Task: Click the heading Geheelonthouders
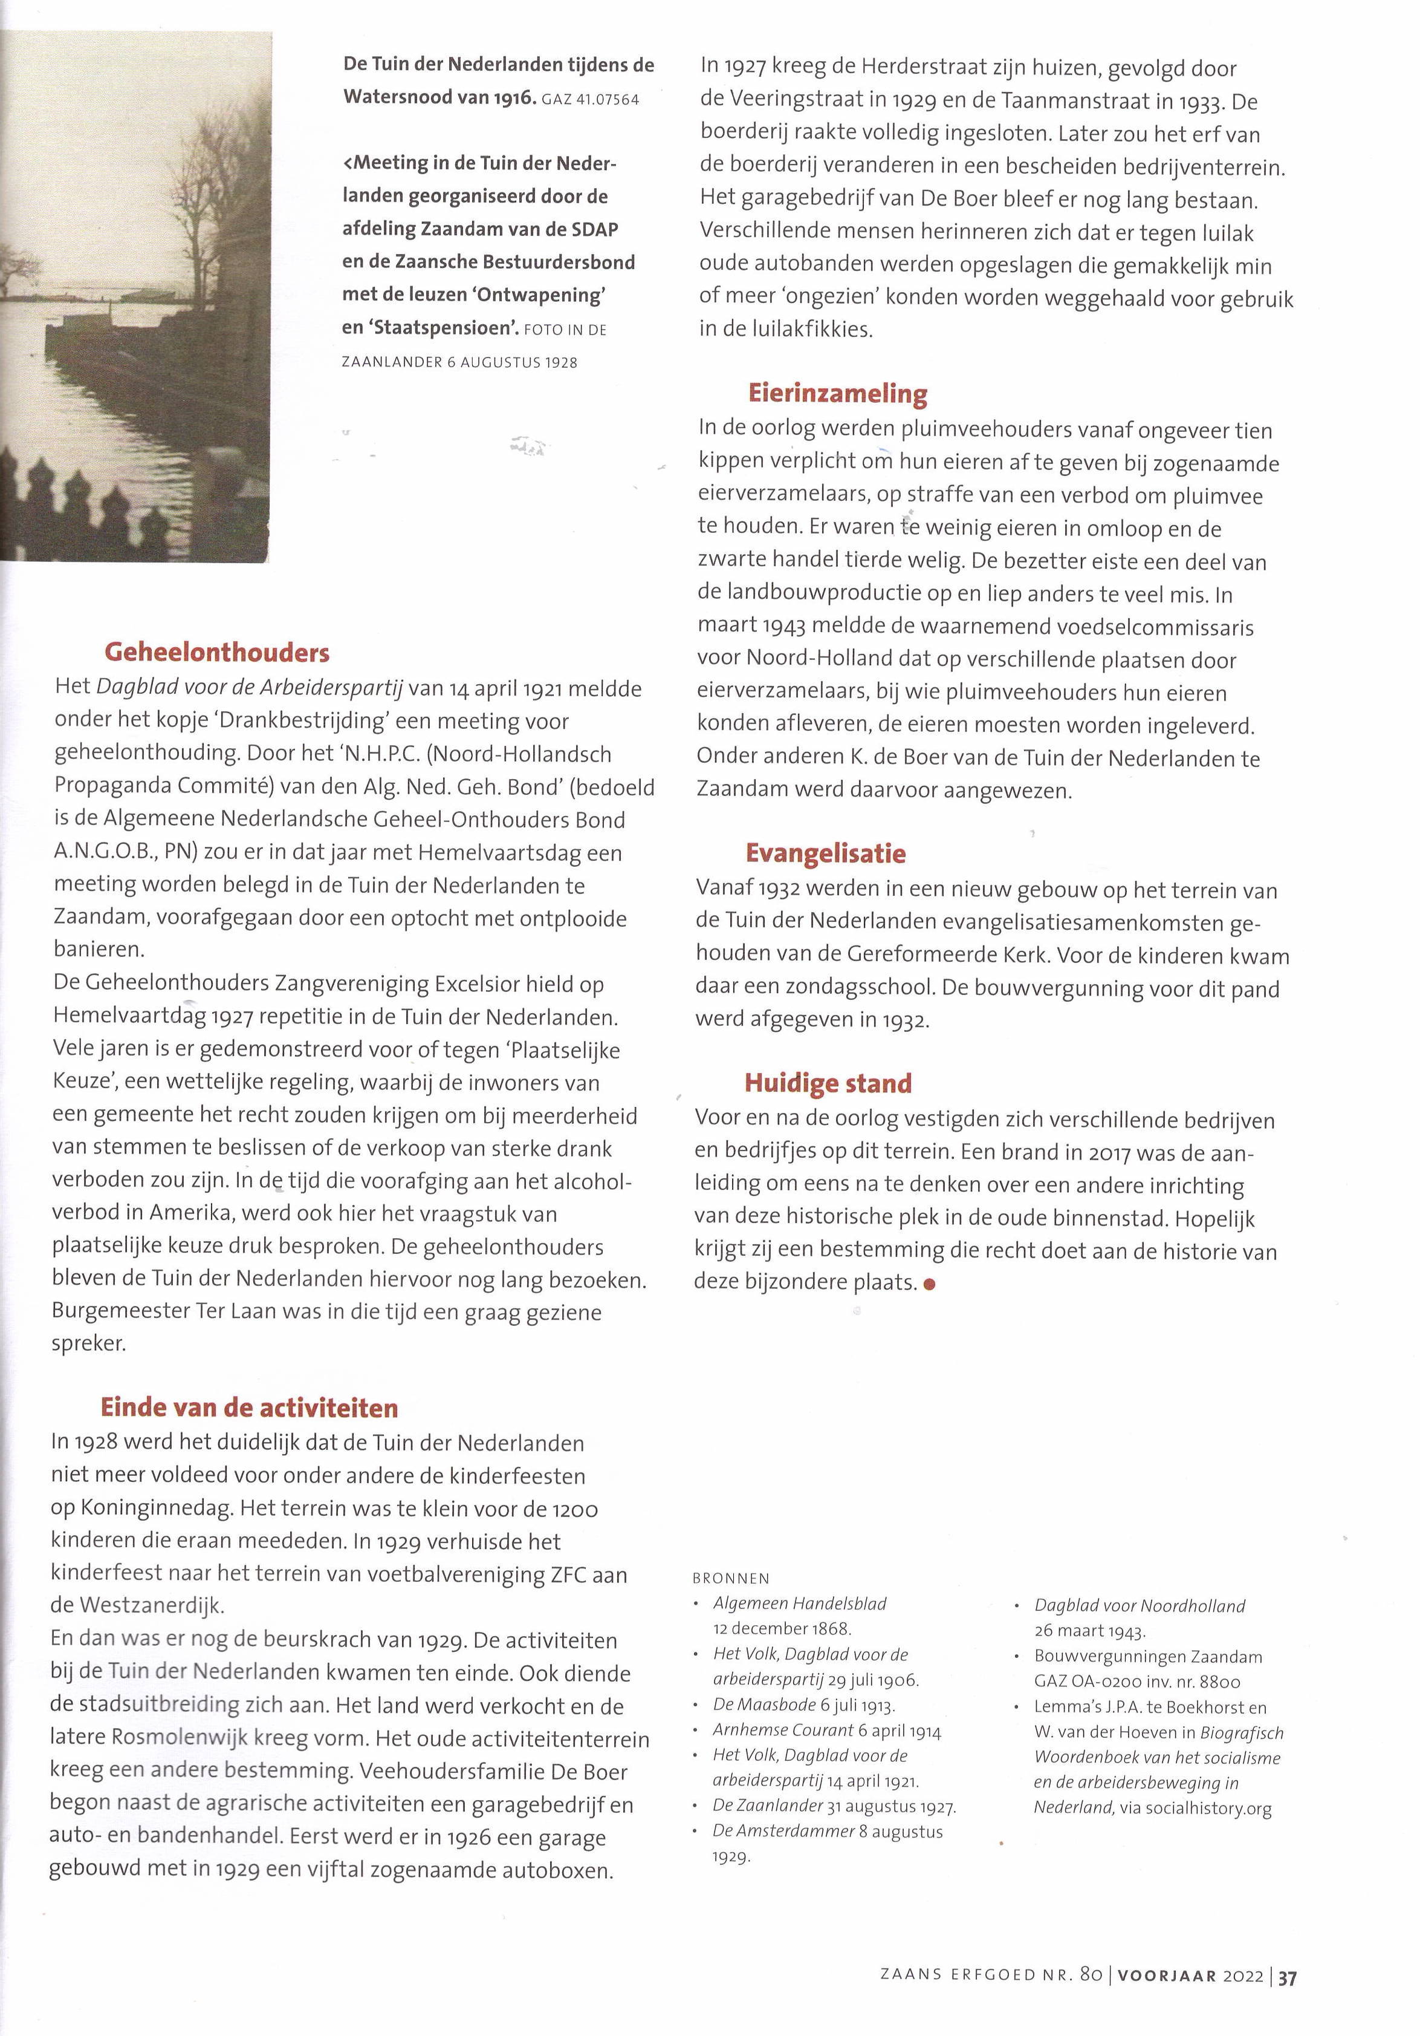pos(216,653)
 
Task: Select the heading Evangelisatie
pos(825,853)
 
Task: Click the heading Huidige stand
pos(828,1083)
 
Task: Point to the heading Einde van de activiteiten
pos(249,1408)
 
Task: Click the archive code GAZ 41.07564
pos(589,99)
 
